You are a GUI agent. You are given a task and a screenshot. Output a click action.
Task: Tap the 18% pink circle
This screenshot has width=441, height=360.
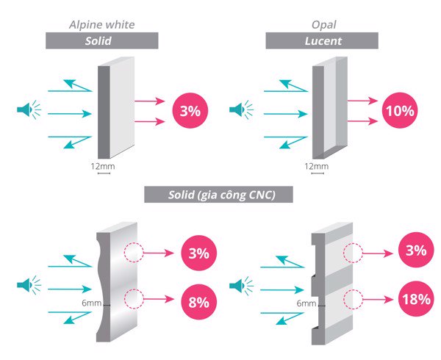[x=415, y=301]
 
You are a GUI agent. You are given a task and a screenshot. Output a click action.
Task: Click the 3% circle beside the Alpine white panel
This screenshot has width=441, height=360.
[x=190, y=112]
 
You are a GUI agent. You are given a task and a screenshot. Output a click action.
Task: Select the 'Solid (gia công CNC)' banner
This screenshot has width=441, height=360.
[x=219, y=195]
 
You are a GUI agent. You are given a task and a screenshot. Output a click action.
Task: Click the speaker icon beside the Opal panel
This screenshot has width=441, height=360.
[x=240, y=112]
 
